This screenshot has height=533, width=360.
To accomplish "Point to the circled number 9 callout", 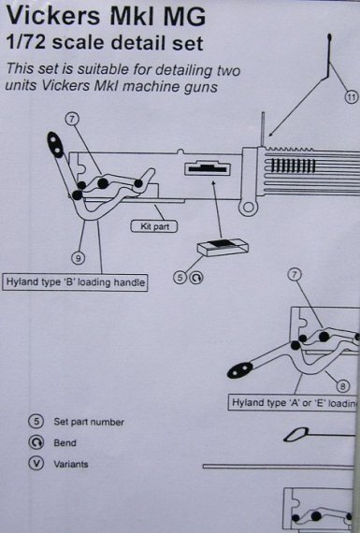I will pyautogui.click(x=78, y=257).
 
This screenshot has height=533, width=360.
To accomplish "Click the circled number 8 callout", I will pyautogui.click(x=342, y=385).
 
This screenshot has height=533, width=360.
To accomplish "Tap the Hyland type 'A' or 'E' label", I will pyautogui.click(x=295, y=404).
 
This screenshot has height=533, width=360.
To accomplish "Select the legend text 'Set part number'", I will pyautogui.click(x=88, y=422).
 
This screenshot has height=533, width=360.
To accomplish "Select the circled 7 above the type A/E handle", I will pyautogui.click(x=295, y=274).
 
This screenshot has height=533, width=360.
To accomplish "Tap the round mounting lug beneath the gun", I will pyautogui.click(x=248, y=204).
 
